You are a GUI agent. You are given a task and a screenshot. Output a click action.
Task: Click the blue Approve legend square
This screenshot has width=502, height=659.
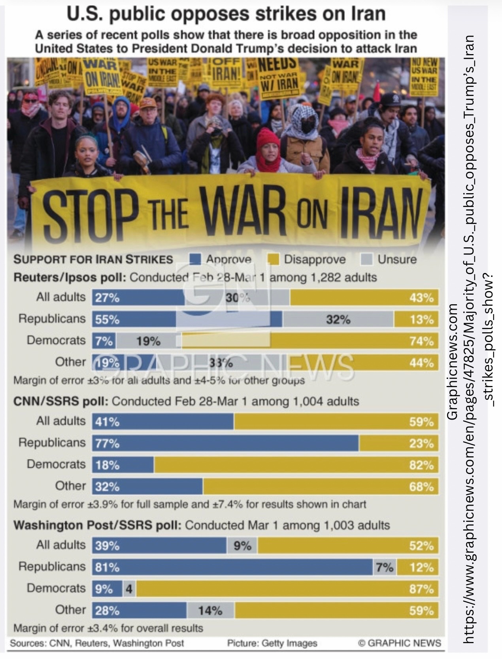tap(196, 259)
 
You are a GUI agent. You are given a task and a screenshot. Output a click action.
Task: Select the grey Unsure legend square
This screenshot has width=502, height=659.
tap(367, 259)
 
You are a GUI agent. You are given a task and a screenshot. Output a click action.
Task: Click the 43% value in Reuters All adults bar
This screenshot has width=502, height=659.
tap(421, 297)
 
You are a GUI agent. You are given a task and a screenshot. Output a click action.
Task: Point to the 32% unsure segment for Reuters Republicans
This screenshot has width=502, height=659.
tap(338, 319)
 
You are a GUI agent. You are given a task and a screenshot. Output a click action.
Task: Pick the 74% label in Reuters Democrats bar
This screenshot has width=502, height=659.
tap(421, 341)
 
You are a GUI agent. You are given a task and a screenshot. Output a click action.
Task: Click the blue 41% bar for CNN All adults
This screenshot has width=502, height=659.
tap(163, 422)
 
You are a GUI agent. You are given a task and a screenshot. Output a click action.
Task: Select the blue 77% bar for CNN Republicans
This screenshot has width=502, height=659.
tap(225, 443)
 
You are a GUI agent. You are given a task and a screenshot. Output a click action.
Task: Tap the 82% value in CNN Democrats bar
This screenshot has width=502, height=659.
tap(421, 465)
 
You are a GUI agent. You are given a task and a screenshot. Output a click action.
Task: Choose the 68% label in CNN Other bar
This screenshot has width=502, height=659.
tap(421, 486)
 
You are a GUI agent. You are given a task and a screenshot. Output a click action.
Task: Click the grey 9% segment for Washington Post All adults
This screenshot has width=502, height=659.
tap(242, 546)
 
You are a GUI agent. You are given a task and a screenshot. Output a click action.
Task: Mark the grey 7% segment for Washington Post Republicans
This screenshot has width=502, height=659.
tap(385, 567)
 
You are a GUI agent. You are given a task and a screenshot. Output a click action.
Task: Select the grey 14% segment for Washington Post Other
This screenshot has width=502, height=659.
tap(210, 611)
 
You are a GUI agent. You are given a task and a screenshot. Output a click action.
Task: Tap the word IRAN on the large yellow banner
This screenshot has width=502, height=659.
tap(379, 213)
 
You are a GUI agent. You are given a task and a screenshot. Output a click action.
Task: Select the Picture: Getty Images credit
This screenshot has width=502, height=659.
tap(272, 643)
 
